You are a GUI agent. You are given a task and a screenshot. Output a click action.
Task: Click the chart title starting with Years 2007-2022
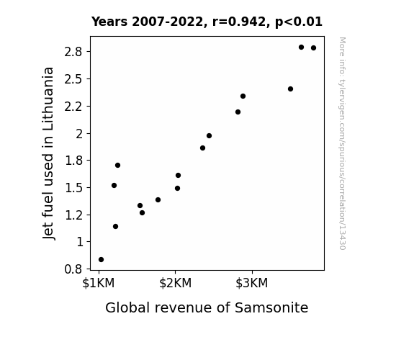pos(207,22)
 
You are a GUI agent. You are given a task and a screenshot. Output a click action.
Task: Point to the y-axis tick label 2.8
pos(73,52)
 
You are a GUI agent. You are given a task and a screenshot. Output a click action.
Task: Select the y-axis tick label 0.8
pos(73,269)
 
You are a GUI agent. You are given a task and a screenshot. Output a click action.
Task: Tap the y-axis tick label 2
pos(79,134)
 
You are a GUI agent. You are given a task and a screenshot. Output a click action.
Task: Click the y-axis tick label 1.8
pos(73,161)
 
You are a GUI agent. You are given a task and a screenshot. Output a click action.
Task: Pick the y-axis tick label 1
pos(79,242)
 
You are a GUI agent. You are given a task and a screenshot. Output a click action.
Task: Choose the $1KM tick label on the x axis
pos(99,283)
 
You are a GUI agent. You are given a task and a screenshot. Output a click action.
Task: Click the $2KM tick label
pos(175,283)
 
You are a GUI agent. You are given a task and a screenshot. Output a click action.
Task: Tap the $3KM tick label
pos(252,283)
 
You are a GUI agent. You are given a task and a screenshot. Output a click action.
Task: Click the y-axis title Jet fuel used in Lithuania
pos(48,153)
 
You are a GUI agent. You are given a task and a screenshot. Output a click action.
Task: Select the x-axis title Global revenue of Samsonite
pos(207,307)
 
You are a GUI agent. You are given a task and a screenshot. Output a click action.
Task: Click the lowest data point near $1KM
pos(101,260)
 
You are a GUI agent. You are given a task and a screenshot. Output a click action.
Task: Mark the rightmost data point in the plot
pos(313,48)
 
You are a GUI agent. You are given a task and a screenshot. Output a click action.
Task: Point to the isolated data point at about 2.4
pos(290,89)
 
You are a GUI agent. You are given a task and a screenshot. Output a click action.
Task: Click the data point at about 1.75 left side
pos(117,166)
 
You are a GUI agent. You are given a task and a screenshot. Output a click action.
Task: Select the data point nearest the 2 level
pos(209,136)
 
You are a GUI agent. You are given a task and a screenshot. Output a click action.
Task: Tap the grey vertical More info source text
pos(342,143)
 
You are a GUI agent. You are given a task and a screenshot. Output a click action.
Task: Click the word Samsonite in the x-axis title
pos(271,307)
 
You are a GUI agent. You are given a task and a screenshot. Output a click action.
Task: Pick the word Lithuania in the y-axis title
pos(48,99)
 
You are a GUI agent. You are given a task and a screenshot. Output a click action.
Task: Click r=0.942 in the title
pos(239,22)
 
